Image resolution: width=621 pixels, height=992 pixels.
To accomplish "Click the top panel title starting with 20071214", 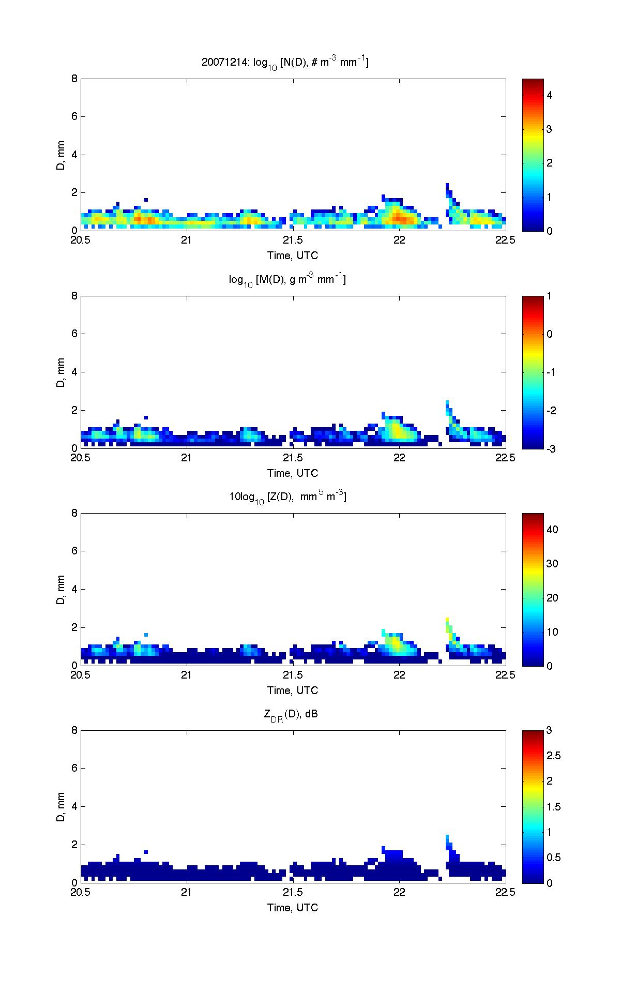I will click(x=285, y=63).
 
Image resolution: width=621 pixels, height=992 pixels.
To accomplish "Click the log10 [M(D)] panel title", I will click(x=287, y=280).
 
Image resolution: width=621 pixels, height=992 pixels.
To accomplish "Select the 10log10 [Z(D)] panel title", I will click(x=287, y=498).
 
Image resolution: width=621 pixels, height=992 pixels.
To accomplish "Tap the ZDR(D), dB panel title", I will click(x=291, y=715).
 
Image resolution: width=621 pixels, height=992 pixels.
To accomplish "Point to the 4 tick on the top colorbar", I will click(x=550, y=95).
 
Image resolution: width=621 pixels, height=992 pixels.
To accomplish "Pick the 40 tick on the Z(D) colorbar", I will click(x=552, y=530).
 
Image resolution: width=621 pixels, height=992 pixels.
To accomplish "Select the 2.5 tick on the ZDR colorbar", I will click(x=553, y=756).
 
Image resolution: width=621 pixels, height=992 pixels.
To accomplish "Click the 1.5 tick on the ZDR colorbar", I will click(x=553, y=807).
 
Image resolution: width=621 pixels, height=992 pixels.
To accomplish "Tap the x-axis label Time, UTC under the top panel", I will click(x=293, y=255).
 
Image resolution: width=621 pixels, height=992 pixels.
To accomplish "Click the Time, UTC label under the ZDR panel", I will click(x=293, y=907).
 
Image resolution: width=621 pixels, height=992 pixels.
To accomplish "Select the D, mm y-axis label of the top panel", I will click(x=62, y=155).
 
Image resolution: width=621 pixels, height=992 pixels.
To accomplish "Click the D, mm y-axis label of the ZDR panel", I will click(x=62, y=806).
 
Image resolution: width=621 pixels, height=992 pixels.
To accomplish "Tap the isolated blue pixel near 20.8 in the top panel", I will click(x=146, y=200).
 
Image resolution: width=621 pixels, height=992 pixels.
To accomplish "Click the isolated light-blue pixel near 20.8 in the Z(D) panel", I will click(x=146, y=635).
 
